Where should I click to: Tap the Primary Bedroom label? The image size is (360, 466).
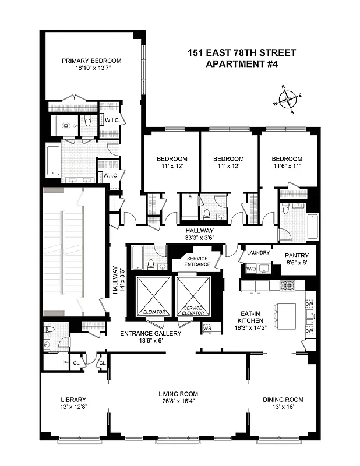tap(91, 61)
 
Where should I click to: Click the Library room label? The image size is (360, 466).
tap(73, 400)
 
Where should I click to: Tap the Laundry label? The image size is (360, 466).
tap(258, 253)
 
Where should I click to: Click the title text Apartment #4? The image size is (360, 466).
tap(242, 64)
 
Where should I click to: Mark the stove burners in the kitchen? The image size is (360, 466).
tap(287, 285)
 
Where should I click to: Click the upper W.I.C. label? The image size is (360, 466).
tap(111, 120)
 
